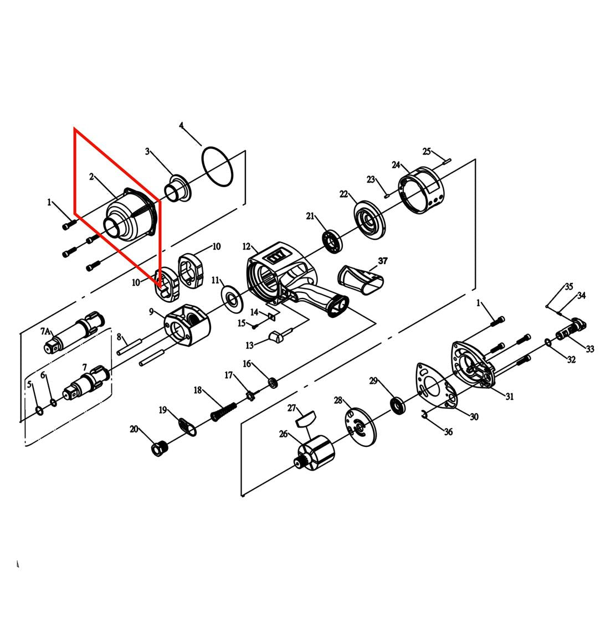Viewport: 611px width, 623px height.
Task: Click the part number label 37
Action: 382,261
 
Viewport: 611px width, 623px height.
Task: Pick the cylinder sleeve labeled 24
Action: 422,190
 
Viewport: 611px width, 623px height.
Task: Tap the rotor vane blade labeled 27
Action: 306,419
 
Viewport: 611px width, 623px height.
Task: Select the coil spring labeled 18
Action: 223,411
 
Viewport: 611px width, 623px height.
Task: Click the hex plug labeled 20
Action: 160,449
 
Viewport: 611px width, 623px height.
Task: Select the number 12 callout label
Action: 247,247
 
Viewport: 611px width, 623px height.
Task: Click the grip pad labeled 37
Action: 361,280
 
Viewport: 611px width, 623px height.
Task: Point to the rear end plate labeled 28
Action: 360,426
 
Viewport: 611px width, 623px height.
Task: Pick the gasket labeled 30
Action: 437,385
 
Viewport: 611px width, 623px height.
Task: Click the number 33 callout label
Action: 590,348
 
